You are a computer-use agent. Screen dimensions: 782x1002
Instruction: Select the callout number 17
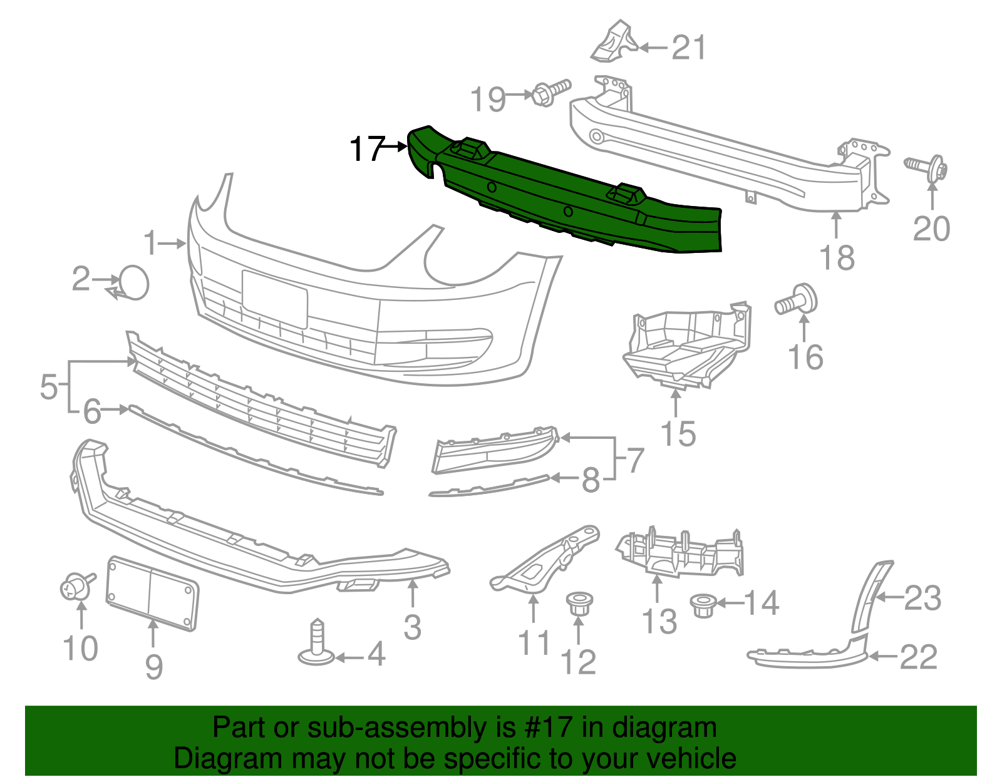tap(366, 149)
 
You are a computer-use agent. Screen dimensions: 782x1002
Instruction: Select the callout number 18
tap(837, 257)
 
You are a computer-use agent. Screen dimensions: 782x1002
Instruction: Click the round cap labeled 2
tap(134, 283)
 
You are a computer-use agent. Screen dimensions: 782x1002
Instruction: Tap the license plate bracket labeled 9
tap(152, 592)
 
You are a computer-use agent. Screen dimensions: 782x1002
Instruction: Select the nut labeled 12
tap(579, 604)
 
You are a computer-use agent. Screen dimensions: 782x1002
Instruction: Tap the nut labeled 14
tap(703, 605)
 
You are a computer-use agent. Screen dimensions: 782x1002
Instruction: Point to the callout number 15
tap(678, 433)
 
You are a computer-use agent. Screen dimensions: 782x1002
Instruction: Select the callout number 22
tap(919, 657)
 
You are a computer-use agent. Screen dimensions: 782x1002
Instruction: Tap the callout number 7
tap(635, 460)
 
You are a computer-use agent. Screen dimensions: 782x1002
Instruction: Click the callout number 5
tap(49, 387)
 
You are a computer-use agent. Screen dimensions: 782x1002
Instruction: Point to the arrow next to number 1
tap(172, 243)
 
